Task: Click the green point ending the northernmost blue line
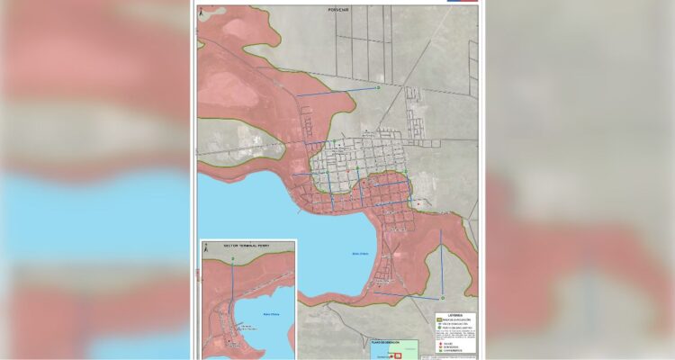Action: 379,88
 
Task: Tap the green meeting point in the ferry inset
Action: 233,260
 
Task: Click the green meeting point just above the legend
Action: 443,299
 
